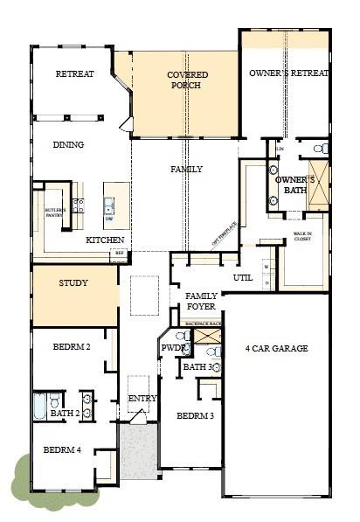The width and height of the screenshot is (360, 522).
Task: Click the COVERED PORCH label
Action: [x=187, y=80]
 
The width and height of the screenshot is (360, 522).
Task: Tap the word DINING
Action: [x=68, y=145]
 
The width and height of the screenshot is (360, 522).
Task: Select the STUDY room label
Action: [x=73, y=283]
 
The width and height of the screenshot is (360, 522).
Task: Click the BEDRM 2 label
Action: [x=73, y=347]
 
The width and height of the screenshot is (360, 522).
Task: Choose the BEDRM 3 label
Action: [x=195, y=416]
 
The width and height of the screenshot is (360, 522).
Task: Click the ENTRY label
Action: [x=142, y=399]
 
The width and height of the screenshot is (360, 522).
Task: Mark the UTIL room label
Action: [x=242, y=277]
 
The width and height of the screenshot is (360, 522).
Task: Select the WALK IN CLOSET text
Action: [x=302, y=236]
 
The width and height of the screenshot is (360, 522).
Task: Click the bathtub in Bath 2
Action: [x=40, y=406]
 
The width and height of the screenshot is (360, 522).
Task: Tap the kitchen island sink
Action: [x=109, y=207]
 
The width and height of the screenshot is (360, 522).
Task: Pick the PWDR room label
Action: [x=172, y=348]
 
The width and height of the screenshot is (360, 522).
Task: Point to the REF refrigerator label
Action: [x=118, y=254]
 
